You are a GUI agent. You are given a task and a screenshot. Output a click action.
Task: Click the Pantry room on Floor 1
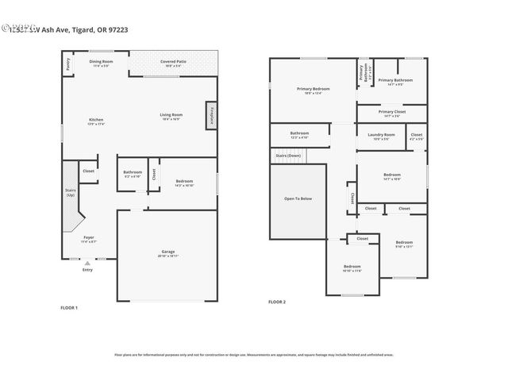(x=68, y=64)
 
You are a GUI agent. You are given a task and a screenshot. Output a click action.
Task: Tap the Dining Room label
(x=101, y=63)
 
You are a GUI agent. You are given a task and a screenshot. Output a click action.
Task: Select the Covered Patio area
(x=172, y=63)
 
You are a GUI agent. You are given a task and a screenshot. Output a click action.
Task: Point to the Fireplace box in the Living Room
(x=212, y=114)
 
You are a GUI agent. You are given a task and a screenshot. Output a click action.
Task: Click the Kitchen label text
(x=96, y=121)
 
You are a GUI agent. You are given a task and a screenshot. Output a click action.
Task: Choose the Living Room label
(x=172, y=116)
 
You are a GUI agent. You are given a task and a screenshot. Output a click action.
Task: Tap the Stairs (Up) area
(x=71, y=191)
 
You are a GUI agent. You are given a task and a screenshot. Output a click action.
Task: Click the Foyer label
(x=89, y=239)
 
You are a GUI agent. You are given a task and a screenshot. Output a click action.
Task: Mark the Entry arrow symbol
(x=87, y=263)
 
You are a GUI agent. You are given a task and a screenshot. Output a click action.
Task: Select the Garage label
(x=168, y=253)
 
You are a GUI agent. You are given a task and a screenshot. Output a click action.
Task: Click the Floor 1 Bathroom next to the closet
(x=133, y=174)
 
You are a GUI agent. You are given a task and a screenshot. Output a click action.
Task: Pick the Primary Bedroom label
(x=314, y=90)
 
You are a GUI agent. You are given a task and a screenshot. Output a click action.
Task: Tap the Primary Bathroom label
(x=394, y=81)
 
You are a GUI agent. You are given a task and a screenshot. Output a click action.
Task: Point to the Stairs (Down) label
(x=287, y=156)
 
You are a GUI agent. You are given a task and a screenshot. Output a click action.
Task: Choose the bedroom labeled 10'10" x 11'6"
(x=352, y=268)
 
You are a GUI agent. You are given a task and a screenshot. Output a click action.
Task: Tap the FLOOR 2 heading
(x=277, y=302)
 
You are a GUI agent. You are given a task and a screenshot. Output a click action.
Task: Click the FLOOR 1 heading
(x=69, y=306)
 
